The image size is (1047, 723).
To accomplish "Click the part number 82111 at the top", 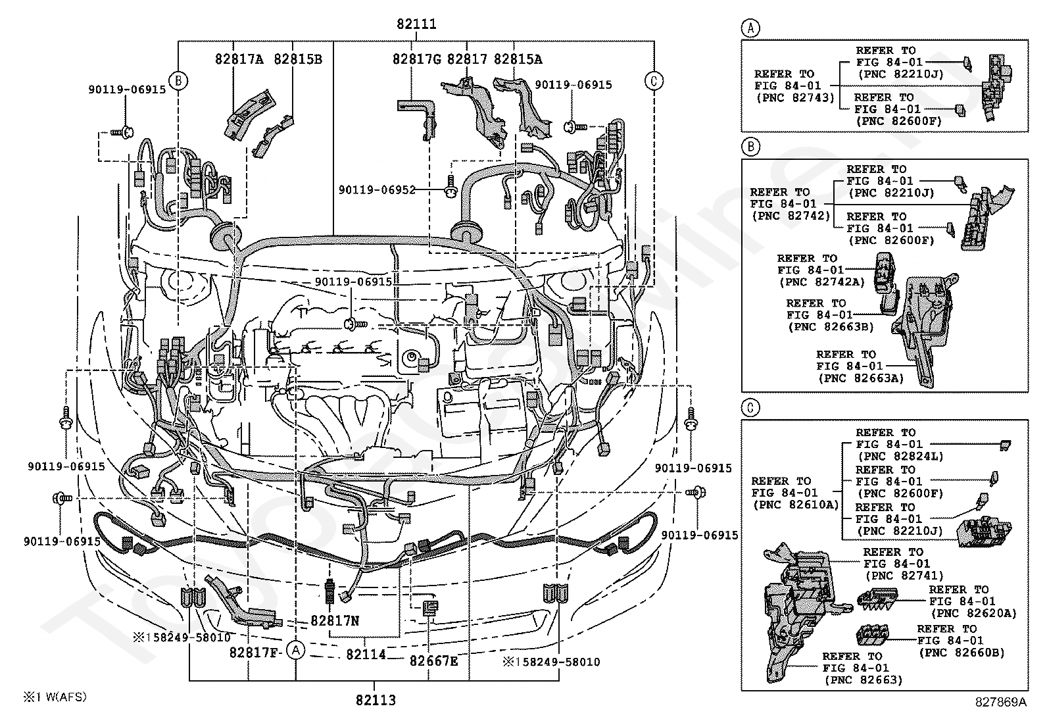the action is (x=416, y=24).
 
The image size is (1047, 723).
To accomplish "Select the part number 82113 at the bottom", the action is (x=376, y=700).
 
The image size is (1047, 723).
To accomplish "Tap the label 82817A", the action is (x=239, y=59).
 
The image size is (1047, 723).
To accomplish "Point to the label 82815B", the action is (x=298, y=59).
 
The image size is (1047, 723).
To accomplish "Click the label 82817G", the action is (x=417, y=59).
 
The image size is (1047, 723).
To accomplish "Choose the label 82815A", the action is (x=518, y=59).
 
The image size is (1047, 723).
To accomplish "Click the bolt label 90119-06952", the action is (x=377, y=190).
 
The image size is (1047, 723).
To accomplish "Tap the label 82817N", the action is (x=335, y=620).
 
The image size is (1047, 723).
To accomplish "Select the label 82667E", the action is (x=434, y=661).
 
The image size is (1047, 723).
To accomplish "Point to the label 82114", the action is (x=366, y=655).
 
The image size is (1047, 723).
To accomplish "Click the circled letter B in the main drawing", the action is (x=178, y=81).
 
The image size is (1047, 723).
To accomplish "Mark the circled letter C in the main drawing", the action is (x=654, y=81).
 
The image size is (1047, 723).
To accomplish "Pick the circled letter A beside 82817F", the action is (x=295, y=650).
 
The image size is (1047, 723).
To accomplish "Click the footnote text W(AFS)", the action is (x=66, y=697).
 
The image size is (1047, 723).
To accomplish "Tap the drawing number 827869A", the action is (x=1001, y=702).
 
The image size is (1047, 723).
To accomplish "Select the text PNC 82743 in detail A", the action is (x=796, y=98).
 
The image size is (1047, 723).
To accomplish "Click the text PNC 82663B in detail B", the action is (x=831, y=327).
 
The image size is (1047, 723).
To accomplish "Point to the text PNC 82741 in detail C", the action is (x=904, y=576).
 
